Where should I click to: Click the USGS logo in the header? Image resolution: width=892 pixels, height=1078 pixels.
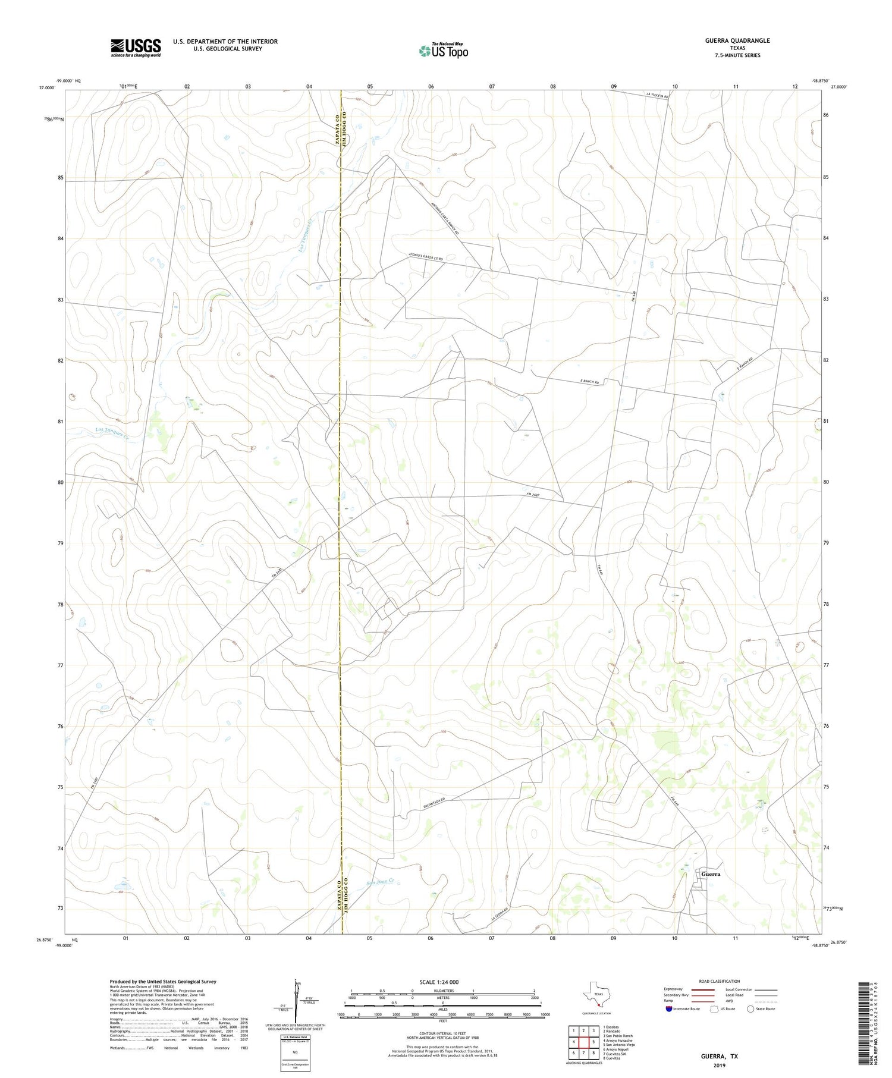(136, 48)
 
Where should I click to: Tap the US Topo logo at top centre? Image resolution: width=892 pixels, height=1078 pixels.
(443, 51)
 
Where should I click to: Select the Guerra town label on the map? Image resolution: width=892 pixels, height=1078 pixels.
(710, 874)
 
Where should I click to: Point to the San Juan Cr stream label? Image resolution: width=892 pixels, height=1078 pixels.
(381, 882)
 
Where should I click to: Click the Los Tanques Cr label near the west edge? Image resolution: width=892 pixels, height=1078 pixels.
(112, 432)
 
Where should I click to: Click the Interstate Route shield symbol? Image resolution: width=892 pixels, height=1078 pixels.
(668, 1009)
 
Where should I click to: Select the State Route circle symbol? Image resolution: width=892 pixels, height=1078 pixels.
(750, 1009)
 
